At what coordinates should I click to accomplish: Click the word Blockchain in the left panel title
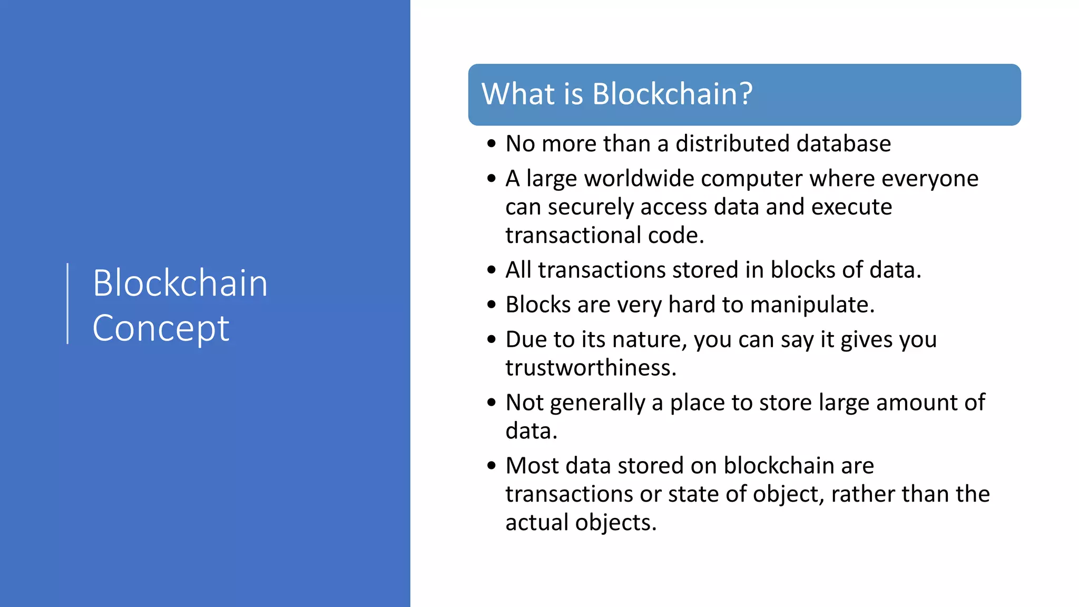tap(180, 283)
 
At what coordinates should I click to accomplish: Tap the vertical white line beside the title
tap(68, 303)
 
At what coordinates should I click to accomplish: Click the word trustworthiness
tap(590, 368)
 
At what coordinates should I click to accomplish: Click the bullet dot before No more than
tap(492, 144)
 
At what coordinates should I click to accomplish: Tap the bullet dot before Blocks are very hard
tap(492, 305)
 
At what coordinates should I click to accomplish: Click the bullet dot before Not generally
tap(492, 403)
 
